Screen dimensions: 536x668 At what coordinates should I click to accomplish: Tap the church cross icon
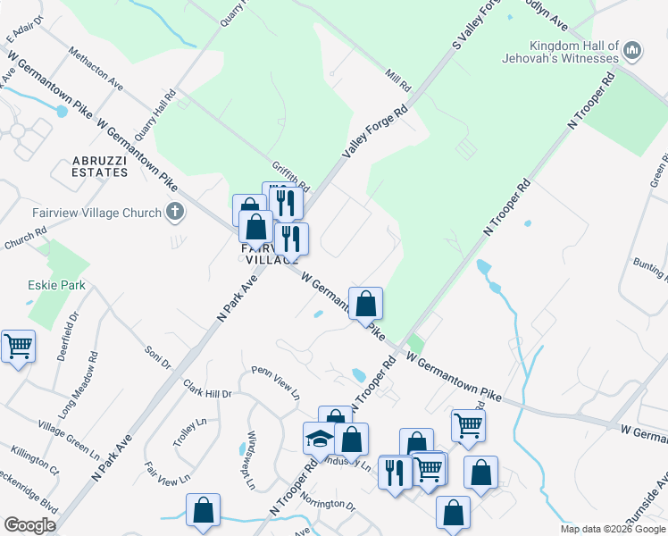coord(175,213)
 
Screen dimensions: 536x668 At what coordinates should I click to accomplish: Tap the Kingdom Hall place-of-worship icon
coord(632,51)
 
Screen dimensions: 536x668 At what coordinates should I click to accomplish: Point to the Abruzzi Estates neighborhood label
coord(102,166)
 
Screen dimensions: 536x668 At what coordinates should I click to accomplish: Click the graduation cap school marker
coord(319,438)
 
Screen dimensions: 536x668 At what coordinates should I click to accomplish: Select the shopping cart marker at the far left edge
coord(18,345)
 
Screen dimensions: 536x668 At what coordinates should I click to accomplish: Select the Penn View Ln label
coord(275,382)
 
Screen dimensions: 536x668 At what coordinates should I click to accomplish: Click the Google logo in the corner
coord(30,525)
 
